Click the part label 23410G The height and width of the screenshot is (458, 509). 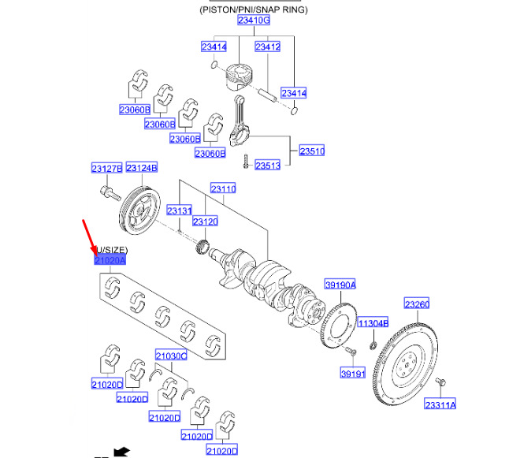point(253,20)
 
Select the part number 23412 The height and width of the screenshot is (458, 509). point(268,47)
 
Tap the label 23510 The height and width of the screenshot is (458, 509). point(311,151)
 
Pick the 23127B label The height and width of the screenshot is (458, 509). point(106,169)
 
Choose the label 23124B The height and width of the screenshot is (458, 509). point(142,169)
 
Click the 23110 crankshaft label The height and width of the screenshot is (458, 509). point(222,190)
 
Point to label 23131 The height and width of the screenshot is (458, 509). point(180,210)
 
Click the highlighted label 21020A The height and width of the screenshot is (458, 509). point(110,260)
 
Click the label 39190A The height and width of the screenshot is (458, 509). point(340,285)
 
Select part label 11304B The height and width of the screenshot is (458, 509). point(372,323)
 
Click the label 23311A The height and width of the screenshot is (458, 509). point(440,404)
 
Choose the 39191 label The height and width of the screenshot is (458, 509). point(352,373)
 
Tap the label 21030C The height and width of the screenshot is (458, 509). point(171,356)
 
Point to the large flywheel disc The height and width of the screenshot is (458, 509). point(407,363)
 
